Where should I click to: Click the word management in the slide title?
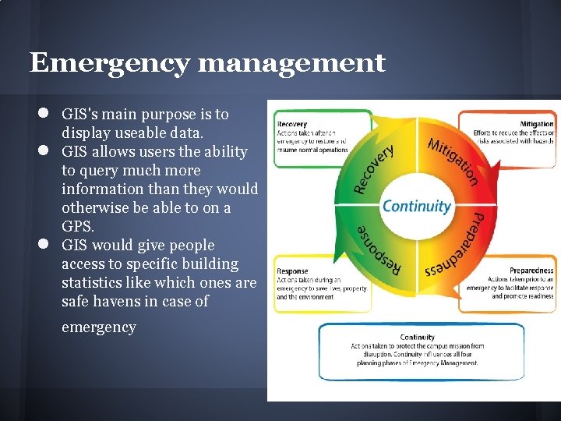[x=292, y=62]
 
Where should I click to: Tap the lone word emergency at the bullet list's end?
[x=98, y=327]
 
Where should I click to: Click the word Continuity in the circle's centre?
[x=416, y=207]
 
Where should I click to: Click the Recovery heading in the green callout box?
[x=291, y=124]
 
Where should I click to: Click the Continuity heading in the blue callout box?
[x=418, y=338]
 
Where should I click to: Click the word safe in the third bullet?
[x=77, y=301]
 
